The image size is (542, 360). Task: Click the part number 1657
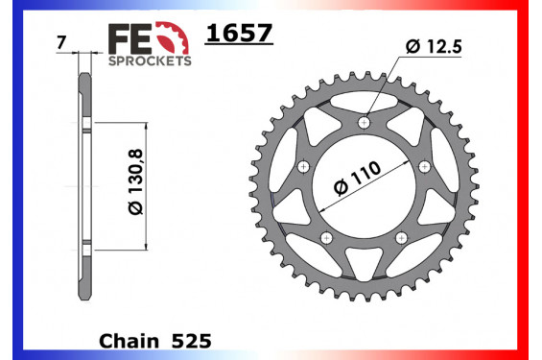pyautogui.click(x=240, y=35)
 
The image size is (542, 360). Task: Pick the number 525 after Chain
pyautogui.click(x=190, y=341)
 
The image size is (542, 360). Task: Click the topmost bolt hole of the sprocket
pyautogui.click(x=363, y=123)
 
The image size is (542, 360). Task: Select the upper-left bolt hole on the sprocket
pyautogui.click(x=303, y=166)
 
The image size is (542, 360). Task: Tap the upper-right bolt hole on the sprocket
pyautogui.click(x=423, y=166)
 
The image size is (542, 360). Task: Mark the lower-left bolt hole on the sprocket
pyautogui.click(x=325, y=237)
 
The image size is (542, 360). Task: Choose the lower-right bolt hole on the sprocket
pyautogui.click(x=400, y=237)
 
